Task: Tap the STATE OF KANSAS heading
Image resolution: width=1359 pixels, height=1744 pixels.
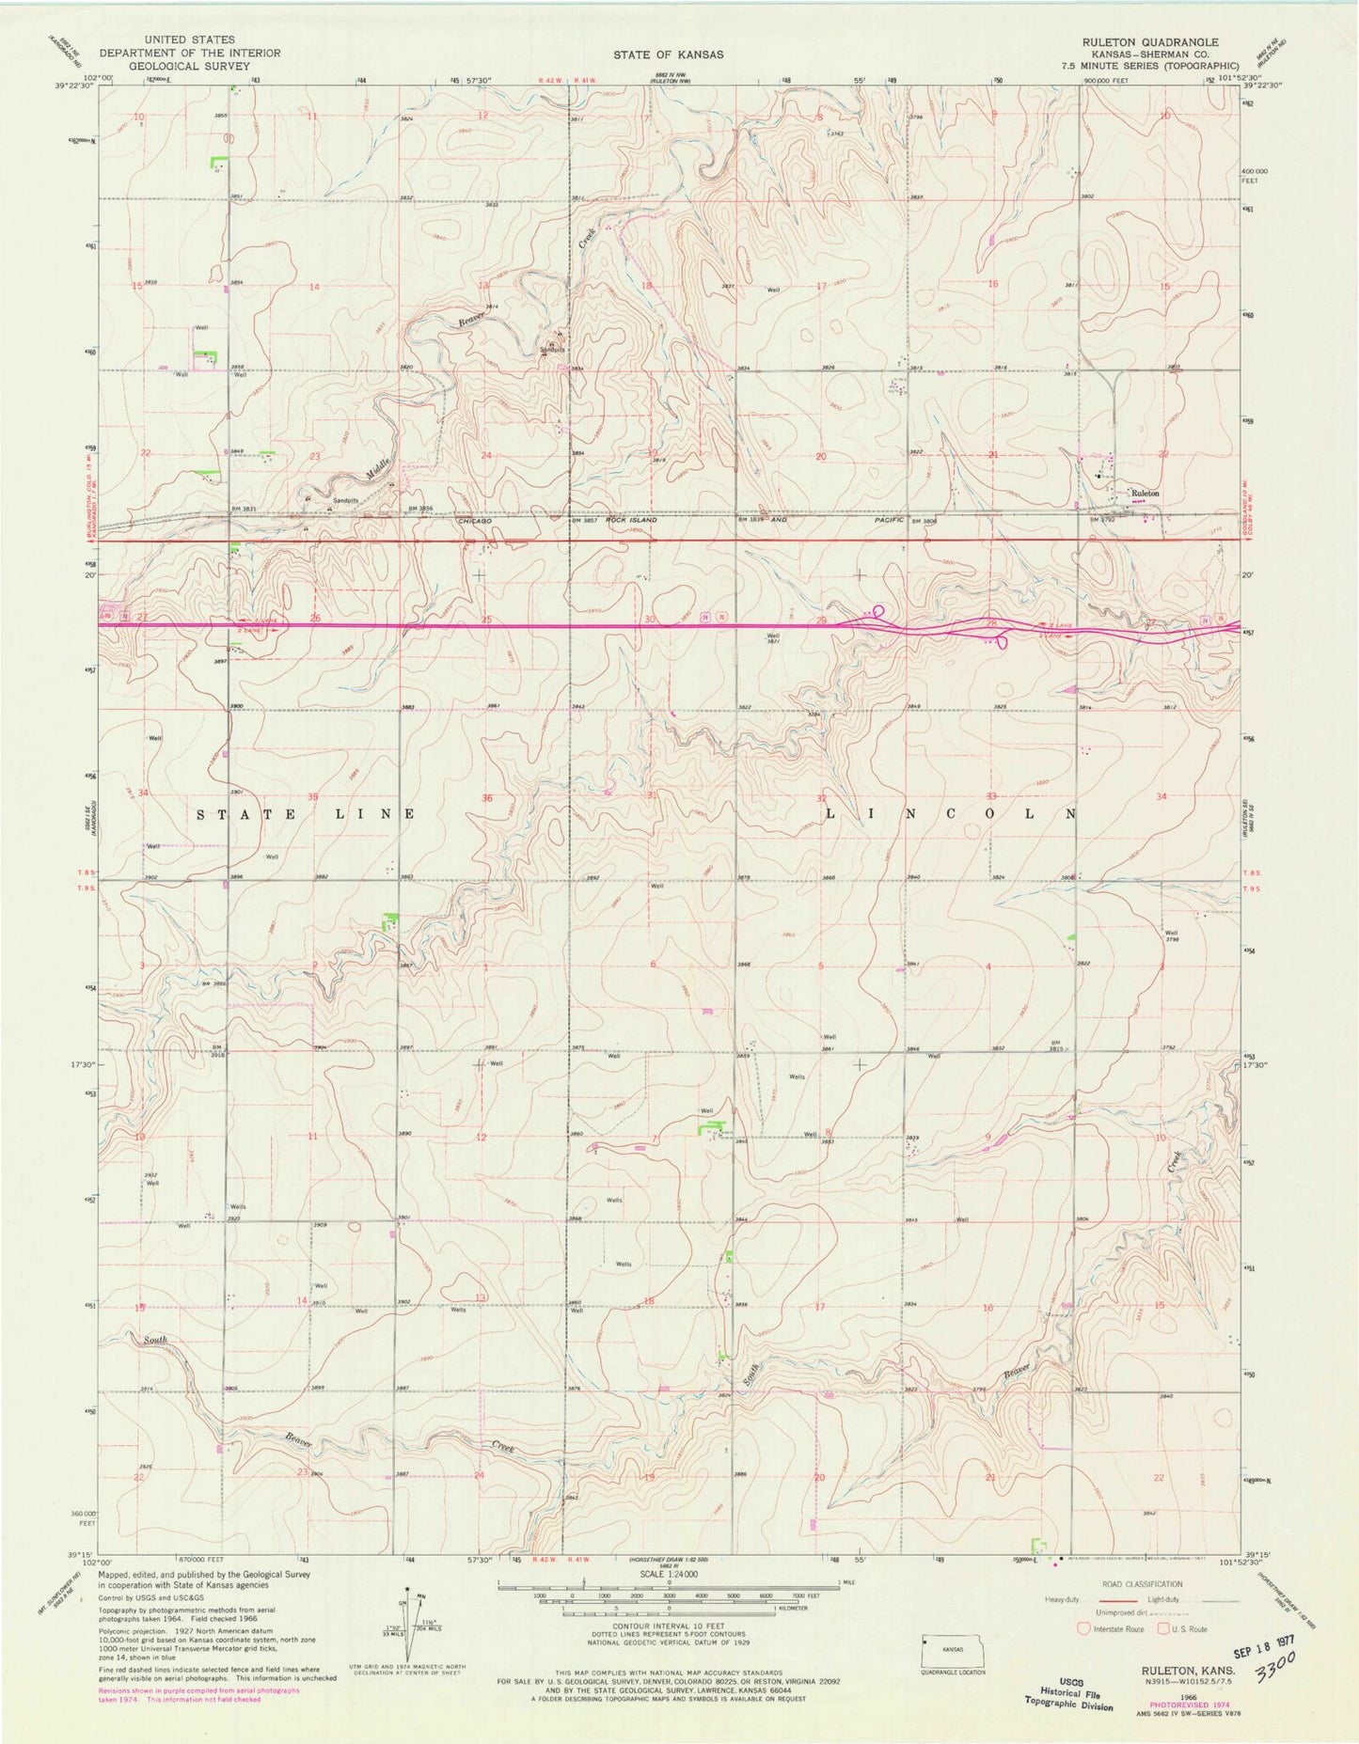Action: tap(669, 55)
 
